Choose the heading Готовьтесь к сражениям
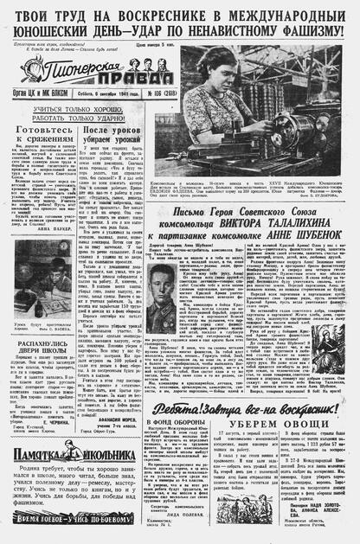point(37,134)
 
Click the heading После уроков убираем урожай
point(106,134)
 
